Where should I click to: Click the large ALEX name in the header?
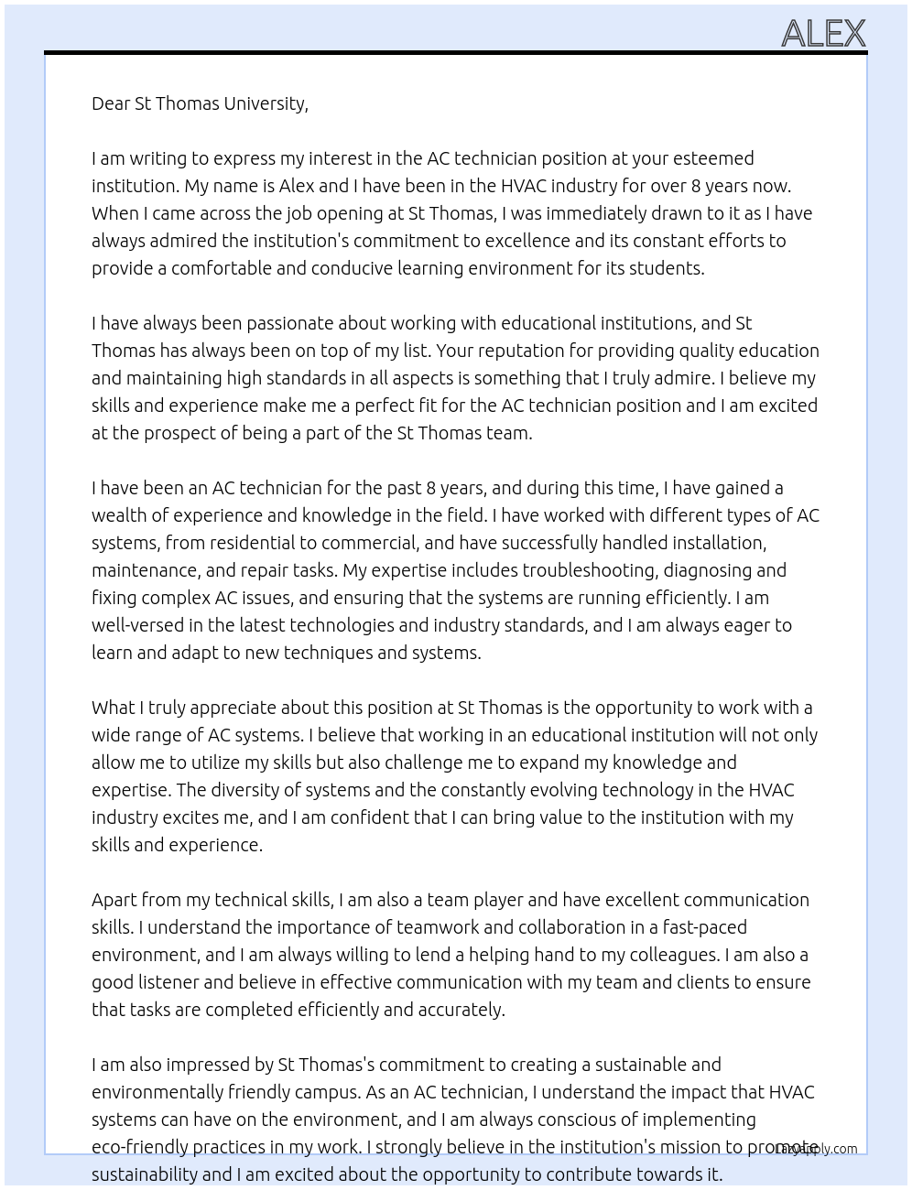tap(823, 34)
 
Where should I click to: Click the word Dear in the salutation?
tap(111, 103)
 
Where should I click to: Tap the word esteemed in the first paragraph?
tap(714, 158)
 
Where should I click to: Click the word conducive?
tap(353, 268)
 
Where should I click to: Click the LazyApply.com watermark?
tap(816, 1149)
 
